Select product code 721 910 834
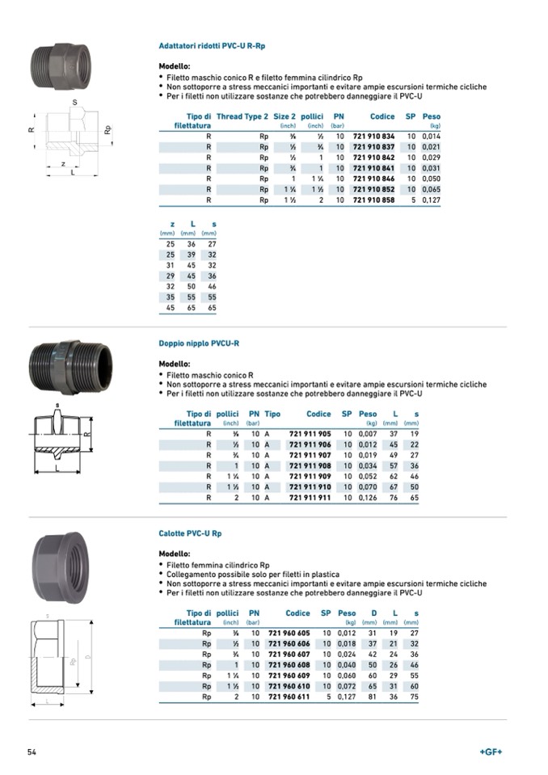coord(373,137)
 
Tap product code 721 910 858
coord(373,200)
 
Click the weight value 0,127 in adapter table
coord(430,200)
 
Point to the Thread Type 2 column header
coord(242,116)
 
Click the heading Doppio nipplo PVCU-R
coord(199,343)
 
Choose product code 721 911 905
coord(310,434)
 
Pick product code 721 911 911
coord(310,498)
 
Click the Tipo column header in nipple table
coord(272,414)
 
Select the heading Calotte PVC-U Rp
coord(190,534)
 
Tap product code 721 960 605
coord(289,633)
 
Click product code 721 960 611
coord(289,697)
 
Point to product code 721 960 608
coord(289,664)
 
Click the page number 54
coord(32,752)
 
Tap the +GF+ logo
coord(491,752)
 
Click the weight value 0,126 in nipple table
coord(368,498)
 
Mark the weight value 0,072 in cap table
coord(346,686)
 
